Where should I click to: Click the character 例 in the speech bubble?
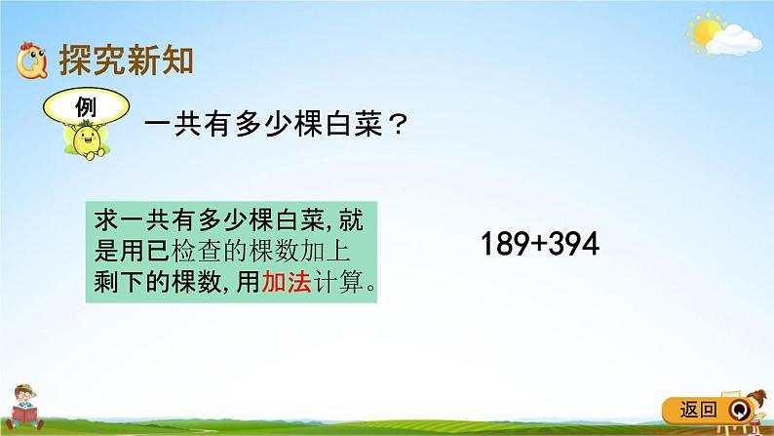point(85,105)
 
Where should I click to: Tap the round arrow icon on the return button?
point(738,409)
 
